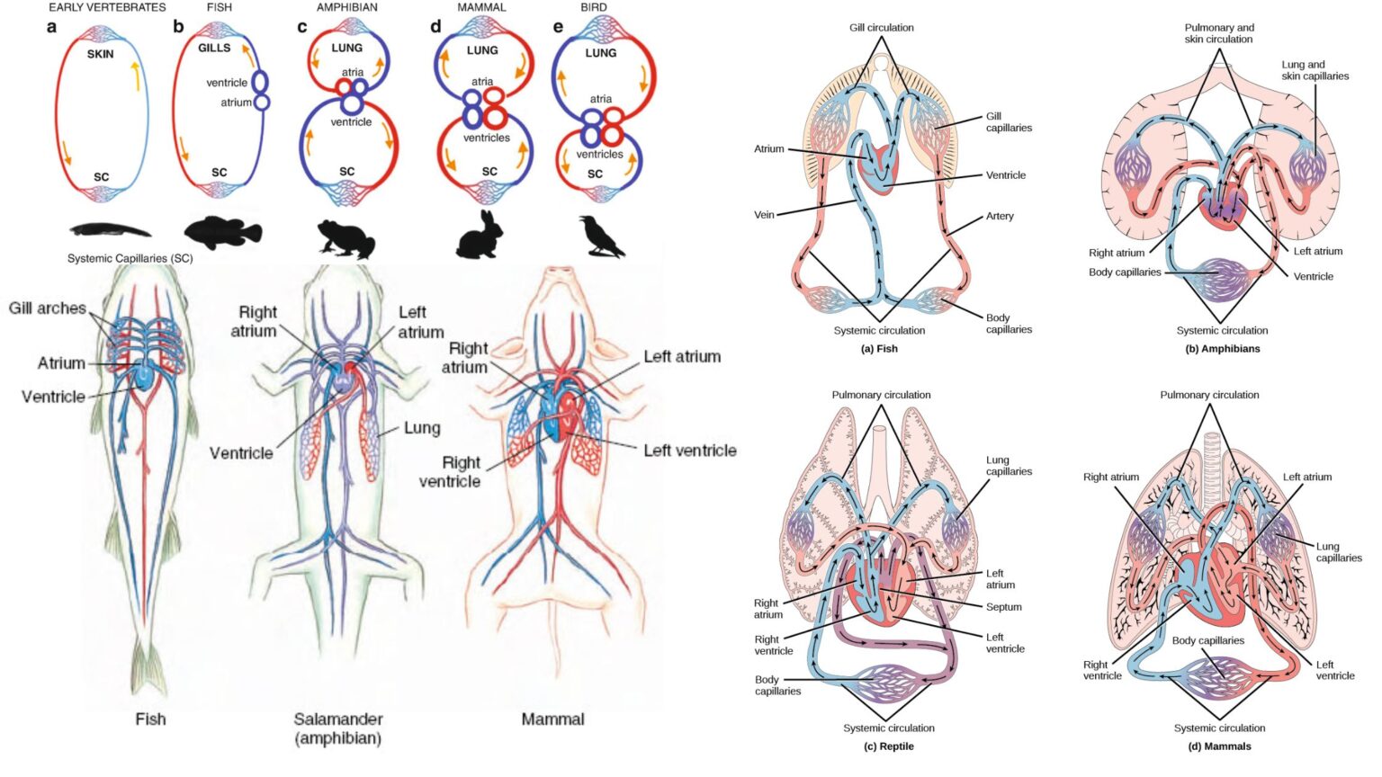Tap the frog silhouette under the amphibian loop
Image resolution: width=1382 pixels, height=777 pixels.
click(346, 239)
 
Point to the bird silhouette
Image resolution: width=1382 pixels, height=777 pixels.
click(600, 237)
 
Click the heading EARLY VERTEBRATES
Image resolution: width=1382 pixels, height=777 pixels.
click(107, 7)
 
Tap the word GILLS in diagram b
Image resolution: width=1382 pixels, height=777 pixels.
click(214, 48)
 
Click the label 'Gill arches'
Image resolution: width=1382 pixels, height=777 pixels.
click(48, 308)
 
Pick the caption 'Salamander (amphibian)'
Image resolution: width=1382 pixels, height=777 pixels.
click(338, 728)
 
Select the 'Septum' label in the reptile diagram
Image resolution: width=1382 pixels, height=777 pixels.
click(1003, 607)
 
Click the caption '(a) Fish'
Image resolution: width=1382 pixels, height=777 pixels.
click(879, 349)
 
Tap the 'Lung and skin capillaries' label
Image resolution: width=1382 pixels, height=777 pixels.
click(1315, 70)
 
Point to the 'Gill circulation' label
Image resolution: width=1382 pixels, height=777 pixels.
click(881, 28)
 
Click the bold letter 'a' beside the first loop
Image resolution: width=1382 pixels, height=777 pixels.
click(51, 27)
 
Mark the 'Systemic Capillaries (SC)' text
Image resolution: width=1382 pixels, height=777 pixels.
click(130, 259)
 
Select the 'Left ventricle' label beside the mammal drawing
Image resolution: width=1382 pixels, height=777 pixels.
click(689, 451)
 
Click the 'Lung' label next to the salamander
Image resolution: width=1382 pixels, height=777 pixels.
click(421, 428)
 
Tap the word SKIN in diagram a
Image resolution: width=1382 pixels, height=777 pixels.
click(101, 54)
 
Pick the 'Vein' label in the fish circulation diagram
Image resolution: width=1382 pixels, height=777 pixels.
click(763, 215)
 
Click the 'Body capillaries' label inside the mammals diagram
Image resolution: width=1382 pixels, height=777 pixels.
click(1207, 641)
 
